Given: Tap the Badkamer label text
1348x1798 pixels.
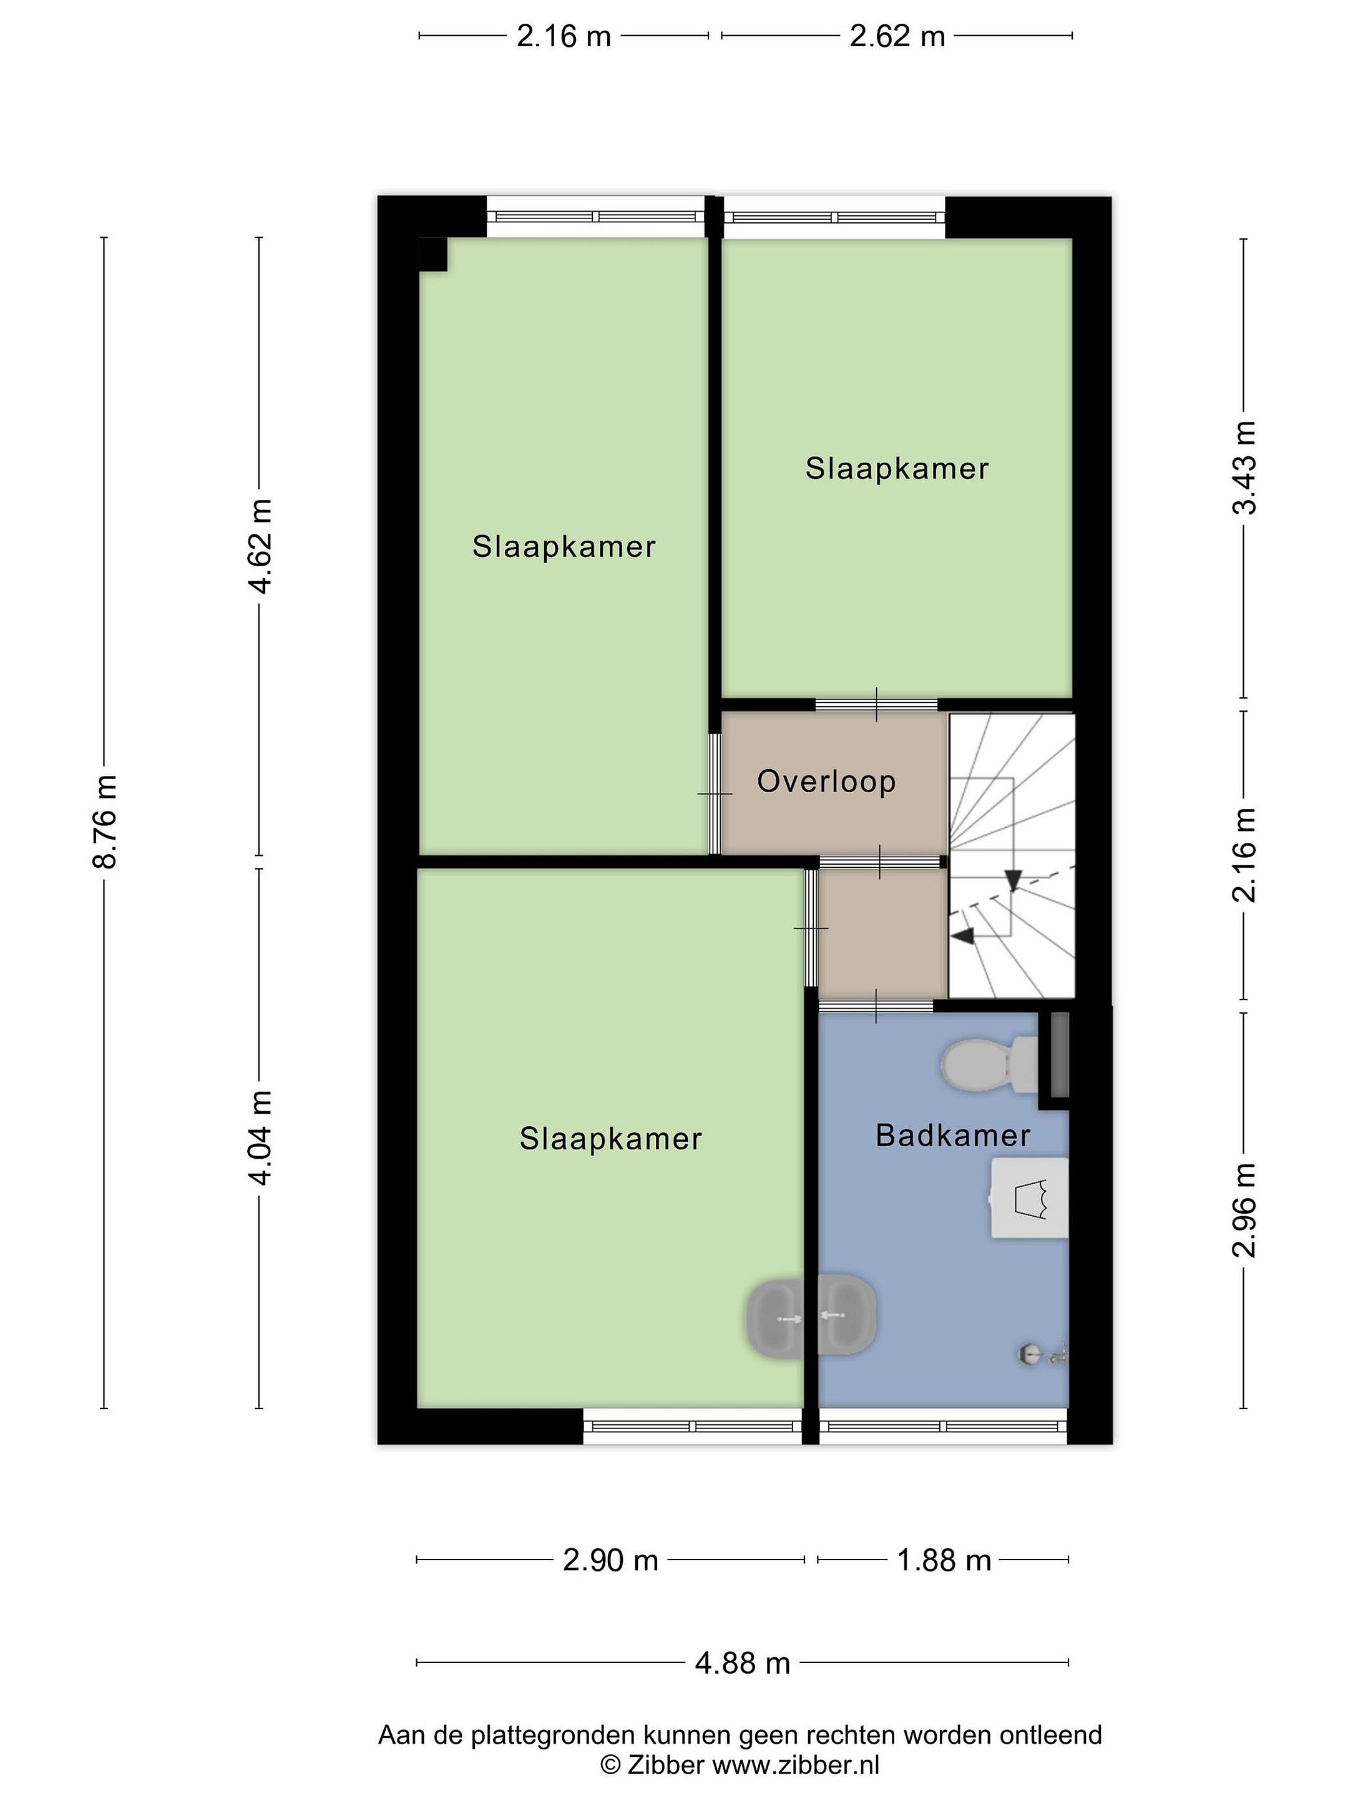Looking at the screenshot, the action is click(x=952, y=1136).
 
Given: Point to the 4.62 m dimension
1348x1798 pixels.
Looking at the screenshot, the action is click(x=261, y=546).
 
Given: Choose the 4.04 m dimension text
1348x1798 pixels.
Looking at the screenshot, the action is click(x=261, y=1138).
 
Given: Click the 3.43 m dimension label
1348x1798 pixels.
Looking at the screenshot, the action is click(x=1244, y=468).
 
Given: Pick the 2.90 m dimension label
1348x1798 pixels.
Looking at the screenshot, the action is click(x=610, y=1560).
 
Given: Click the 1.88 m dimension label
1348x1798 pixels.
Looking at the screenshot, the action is click(x=944, y=1560).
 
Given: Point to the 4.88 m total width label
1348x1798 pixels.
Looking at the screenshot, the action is click(x=743, y=1663).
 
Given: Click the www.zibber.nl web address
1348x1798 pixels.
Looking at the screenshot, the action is click(x=796, y=1765).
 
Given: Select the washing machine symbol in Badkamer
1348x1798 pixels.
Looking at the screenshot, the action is click(x=1028, y=1199).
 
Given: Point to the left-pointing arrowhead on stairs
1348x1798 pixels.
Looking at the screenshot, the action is click(x=963, y=936).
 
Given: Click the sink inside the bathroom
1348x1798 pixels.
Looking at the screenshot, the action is click(x=846, y=1315).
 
